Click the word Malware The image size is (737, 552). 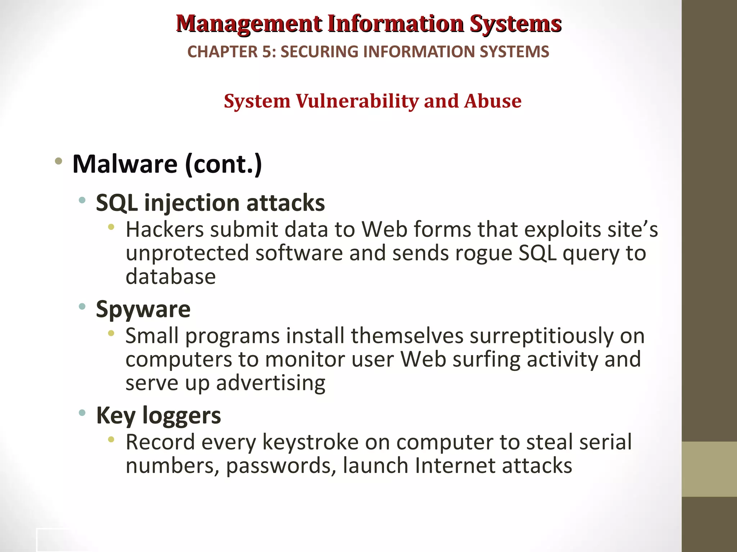[x=125, y=164]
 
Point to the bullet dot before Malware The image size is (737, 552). [x=58, y=161]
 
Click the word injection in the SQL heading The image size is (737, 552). [x=192, y=203]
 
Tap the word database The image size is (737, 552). [x=171, y=277]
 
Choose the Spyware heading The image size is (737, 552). [x=143, y=309]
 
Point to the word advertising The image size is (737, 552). [x=270, y=383]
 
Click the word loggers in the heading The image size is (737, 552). [x=181, y=415]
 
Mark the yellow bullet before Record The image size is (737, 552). [x=111, y=439]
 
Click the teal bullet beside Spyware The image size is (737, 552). [x=82, y=307]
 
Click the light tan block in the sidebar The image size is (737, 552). [x=709, y=469]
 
